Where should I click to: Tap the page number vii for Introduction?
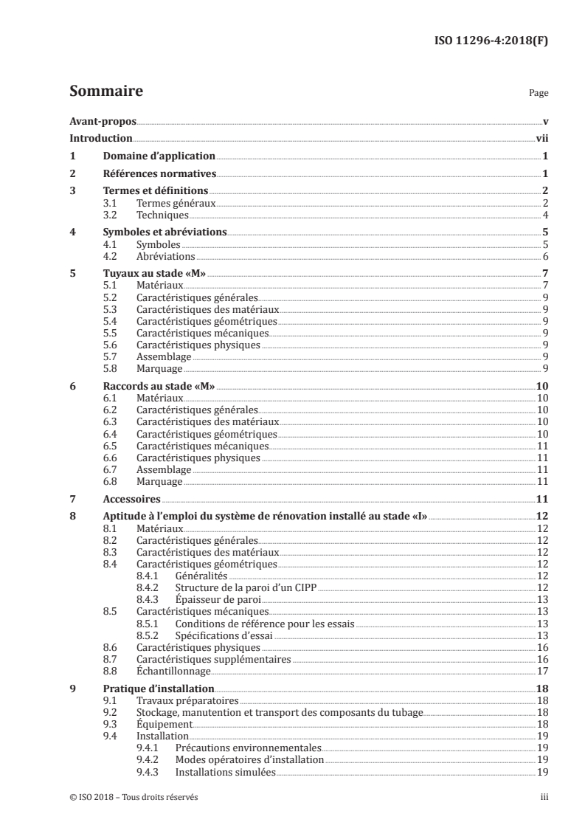point(541,138)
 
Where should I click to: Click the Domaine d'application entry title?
point(159,156)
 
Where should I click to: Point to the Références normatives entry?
point(159,174)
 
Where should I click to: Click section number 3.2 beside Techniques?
point(110,215)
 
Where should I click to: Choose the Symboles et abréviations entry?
point(165,232)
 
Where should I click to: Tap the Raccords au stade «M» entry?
point(158,385)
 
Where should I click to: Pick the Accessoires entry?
point(131,499)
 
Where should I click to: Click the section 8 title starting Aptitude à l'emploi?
point(265,517)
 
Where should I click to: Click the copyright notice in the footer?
point(134,797)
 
